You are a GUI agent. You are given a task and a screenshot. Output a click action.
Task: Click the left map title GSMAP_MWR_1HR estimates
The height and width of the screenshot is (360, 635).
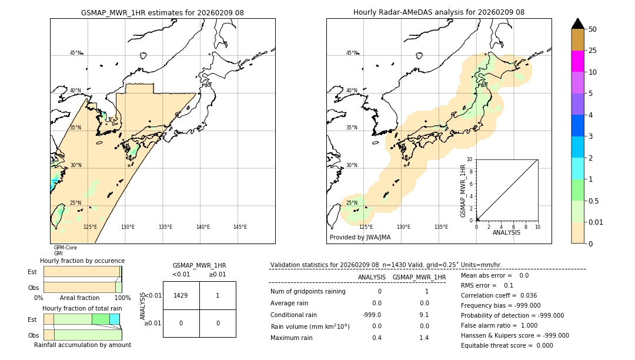(162, 12)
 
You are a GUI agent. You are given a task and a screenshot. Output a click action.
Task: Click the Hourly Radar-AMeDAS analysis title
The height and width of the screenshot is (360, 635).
(439, 12)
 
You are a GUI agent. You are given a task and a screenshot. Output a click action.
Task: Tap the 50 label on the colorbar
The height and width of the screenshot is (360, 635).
(593, 29)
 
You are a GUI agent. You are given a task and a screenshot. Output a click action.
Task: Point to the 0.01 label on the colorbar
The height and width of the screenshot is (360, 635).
(596, 222)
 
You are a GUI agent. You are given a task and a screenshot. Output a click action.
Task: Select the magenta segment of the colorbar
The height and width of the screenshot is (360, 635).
(577, 61)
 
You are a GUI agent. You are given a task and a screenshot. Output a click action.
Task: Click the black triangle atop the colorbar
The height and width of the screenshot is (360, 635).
(577, 24)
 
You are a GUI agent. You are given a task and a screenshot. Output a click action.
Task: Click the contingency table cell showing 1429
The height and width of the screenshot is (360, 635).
(181, 295)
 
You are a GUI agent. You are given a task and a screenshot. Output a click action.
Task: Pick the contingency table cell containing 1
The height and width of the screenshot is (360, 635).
(218, 295)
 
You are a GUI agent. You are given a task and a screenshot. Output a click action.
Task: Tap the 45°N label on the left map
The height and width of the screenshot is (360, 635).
(75, 53)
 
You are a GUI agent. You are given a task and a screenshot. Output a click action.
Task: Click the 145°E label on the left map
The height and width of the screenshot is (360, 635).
(240, 227)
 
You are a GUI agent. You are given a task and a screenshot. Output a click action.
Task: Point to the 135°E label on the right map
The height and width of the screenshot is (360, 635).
(441, 227)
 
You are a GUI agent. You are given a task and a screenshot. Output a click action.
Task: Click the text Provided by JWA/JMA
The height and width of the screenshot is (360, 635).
(360, 238)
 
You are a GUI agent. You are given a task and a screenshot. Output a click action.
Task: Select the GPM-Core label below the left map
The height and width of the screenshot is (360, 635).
(65, 248)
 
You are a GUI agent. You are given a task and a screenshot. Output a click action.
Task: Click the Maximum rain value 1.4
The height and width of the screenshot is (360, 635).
(423, 338)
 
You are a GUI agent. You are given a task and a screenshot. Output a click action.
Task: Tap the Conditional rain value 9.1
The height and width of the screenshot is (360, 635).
(423, 315)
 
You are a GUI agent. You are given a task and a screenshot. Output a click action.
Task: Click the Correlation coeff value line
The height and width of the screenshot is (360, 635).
(499, 295)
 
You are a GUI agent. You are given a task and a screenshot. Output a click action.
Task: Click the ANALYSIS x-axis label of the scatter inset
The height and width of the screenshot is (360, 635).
(506, 232)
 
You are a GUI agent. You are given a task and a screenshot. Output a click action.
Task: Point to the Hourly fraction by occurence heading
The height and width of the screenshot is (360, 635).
(82, 261)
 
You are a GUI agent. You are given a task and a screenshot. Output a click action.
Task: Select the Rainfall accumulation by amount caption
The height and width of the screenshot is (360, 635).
(82, 345)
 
